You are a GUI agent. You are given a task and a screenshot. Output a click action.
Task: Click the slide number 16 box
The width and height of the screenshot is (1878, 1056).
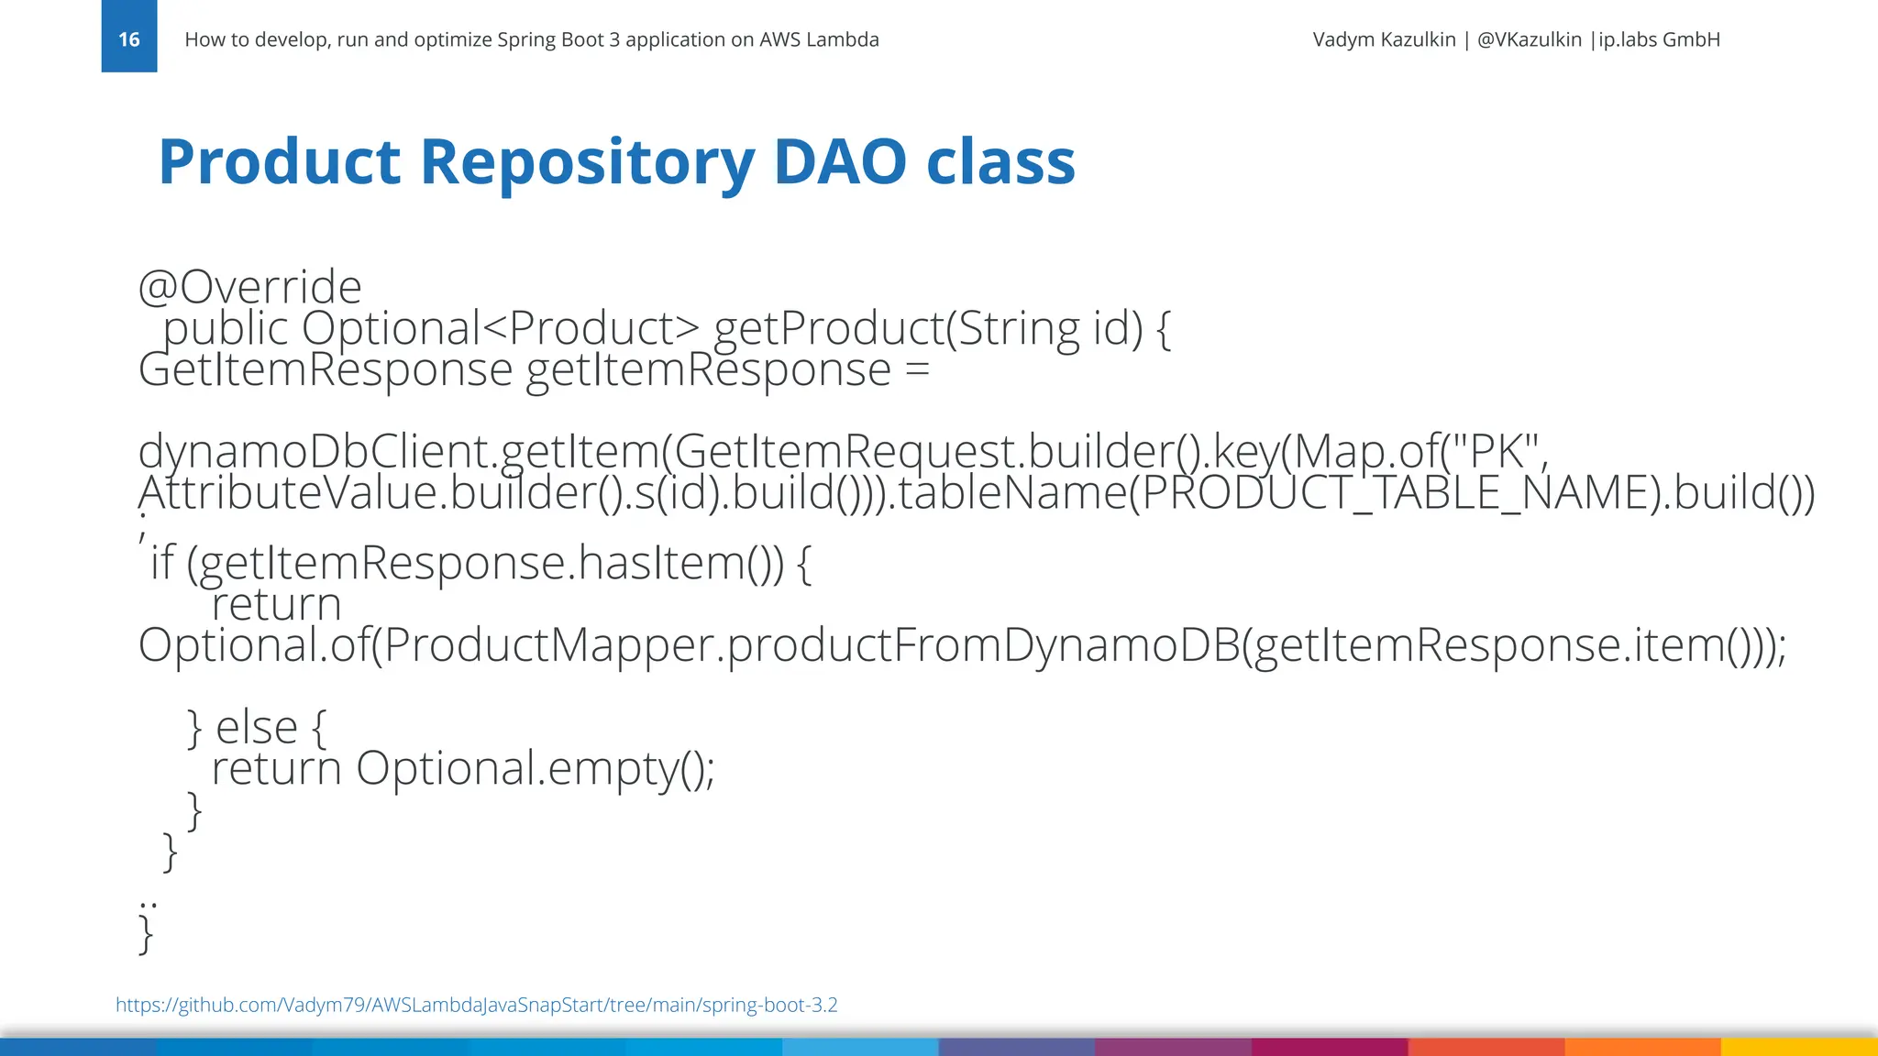point(128,37)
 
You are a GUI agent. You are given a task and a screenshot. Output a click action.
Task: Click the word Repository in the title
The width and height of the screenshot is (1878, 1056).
point(587,162)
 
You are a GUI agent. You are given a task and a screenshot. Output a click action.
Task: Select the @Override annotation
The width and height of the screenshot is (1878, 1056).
point(249,287)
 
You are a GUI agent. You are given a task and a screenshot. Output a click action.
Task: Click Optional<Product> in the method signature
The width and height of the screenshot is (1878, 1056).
point(500,328)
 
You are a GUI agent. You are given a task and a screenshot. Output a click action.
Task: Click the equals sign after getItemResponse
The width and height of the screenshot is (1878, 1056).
point(916,369)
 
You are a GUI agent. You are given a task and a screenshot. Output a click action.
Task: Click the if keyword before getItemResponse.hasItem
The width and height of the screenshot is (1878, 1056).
point(162,562)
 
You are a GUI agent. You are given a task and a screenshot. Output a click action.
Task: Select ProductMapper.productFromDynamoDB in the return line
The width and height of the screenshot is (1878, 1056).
point(807,644)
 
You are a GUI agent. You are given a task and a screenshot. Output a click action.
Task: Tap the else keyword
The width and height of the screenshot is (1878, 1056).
point(257,727)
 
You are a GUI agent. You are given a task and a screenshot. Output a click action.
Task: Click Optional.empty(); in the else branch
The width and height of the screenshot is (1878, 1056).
point(535,768)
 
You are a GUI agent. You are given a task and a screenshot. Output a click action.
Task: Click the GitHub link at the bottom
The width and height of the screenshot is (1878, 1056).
point(476,1005)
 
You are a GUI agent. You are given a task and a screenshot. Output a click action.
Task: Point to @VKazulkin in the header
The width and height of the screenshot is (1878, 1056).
point(1529,39)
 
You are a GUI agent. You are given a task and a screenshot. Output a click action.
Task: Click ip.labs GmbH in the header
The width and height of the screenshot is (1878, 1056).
point(1659,39)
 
